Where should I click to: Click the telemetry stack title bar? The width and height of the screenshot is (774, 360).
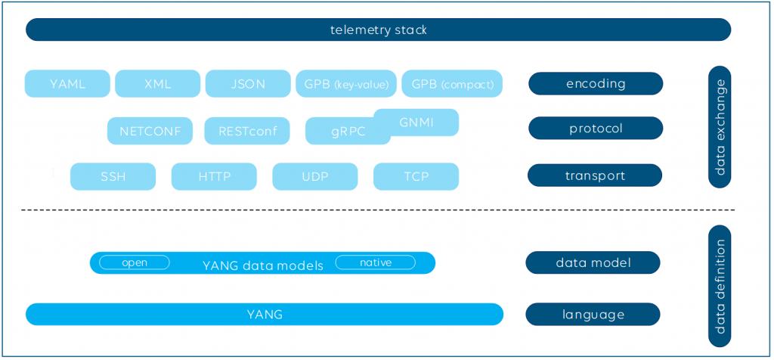[378, 29]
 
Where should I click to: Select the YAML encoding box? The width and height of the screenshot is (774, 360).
[67, 83]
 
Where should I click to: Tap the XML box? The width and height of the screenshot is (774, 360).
[157, 83]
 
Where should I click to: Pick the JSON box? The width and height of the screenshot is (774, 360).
[248, 83]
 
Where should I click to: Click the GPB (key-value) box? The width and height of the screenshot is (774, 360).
[346, 83]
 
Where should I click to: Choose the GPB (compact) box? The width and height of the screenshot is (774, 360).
[452, 83]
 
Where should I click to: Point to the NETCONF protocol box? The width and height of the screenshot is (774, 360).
[150, 131]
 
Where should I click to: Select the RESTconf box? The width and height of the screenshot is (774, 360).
[247, 131]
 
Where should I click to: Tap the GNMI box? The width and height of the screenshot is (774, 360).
[416, 122]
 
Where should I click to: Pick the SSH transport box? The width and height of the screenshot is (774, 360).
[113, 176]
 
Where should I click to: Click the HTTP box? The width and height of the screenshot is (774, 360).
[214, 176]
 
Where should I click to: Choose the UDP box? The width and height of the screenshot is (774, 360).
[315, 176]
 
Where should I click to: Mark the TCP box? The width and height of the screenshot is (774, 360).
[416, 176]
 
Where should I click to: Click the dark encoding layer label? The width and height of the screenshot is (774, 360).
[596, 83]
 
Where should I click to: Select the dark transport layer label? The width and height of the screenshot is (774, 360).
[595, 175]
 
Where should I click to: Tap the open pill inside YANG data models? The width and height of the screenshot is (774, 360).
[135, 262]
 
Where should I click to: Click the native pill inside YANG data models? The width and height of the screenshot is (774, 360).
[376, 262]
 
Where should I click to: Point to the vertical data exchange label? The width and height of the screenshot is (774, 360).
[720, 127]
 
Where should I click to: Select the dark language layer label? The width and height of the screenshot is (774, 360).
[593, 314]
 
